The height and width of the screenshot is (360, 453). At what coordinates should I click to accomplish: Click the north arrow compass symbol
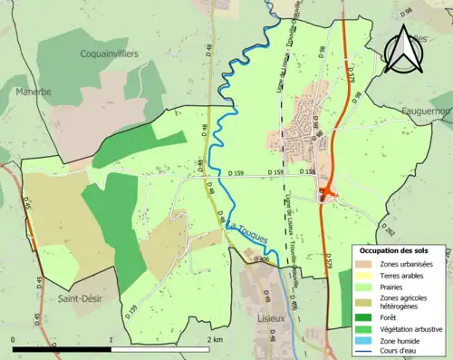403,49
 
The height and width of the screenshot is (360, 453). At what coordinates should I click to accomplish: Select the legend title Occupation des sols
400,250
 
